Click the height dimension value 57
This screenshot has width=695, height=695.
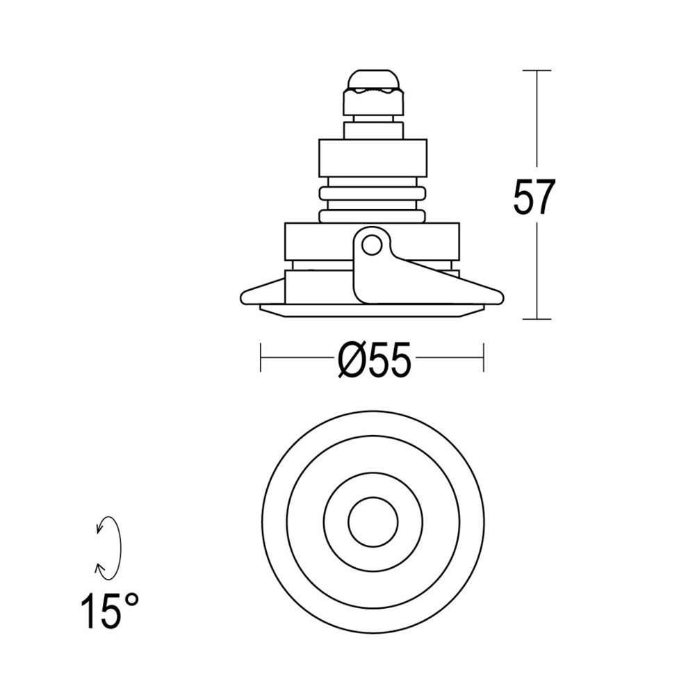click(534, 198)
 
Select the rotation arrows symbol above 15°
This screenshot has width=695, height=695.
click(108, 548)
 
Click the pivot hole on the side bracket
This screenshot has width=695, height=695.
click(372, 245)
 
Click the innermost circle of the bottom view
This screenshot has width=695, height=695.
click(373, 522)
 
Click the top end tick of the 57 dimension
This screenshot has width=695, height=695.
click(537, 70)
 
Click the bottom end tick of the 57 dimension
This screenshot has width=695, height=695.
click(537, 319)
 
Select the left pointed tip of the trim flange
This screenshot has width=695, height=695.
click(242, 298)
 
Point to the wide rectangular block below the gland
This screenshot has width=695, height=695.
click(373, 158)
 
